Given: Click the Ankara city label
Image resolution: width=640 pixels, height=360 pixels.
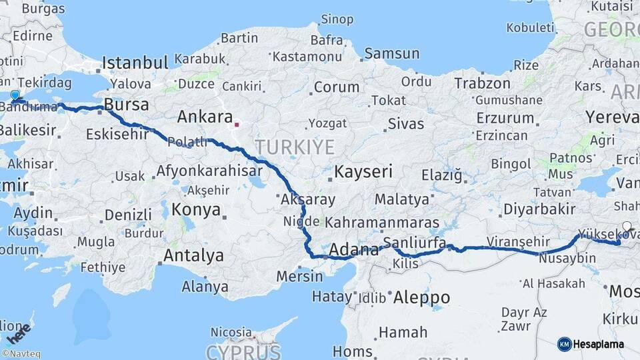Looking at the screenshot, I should pyautogui.click(x=205, y=117).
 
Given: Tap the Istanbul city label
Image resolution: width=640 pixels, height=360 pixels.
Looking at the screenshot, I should pyautogui.click(x=135, y=63).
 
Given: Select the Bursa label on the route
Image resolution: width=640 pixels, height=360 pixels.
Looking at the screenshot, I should pyautogui.click(x=126, y=105).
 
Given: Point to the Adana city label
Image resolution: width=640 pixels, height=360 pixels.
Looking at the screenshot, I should pyautogui.click(x=355, y=251).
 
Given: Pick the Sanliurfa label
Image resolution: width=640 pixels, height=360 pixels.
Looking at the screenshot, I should pyautogui.click(x=415, y=243).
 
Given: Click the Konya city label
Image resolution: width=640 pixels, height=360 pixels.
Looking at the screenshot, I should pyautogui.click(x=196, y=209).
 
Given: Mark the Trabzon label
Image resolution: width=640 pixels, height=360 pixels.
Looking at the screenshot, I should pyautogui.click(x=482, y=83).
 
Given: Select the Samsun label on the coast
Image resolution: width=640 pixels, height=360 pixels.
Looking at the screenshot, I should pyautogui.click(x=392, y=53).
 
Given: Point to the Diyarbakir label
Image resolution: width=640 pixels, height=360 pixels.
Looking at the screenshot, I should pyautogui.click(x=539, y=209).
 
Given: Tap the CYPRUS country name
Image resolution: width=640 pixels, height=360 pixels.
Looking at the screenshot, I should pyautogui.click(x=243, y=351).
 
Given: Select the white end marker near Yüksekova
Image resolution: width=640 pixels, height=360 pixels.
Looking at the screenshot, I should pyautogui.click(x=627, y=226).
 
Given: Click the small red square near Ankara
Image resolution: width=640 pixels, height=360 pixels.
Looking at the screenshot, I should pyautogui.click(x=237, y=123).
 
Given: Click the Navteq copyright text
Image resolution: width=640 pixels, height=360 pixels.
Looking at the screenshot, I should pyautogui.click(x=21, y=354).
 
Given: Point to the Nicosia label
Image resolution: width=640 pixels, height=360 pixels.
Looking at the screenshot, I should pyautogui.click(x=231, y=331).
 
